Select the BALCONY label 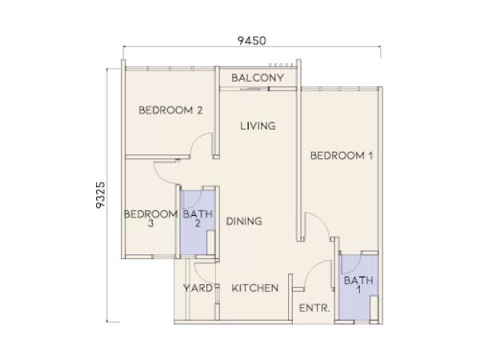coord(258,78)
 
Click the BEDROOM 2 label coord(170,110)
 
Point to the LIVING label coord(258,126)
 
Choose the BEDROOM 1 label coord(342,155)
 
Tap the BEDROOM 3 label coord(150,218)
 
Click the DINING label coord(244,222)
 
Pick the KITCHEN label coord(255,288)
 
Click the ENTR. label coord(310,308)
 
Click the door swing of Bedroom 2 coord(202,145)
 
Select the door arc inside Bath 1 coord(349,261)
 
